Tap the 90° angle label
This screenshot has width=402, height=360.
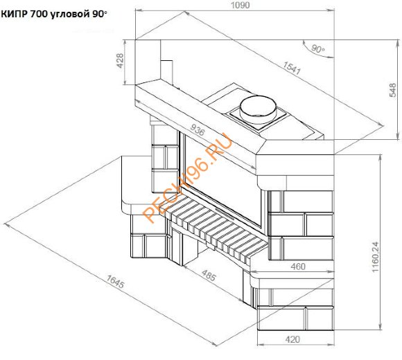(x=317, y=49)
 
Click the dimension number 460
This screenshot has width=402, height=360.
(x=298, y=266)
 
